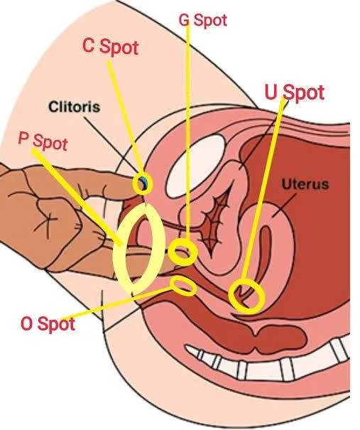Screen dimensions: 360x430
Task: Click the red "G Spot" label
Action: pos(203,20)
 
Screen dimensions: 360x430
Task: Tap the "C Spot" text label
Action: pos(110,46)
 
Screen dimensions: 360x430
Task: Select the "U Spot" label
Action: pos(295,92)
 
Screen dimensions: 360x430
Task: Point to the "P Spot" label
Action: pos(43,141)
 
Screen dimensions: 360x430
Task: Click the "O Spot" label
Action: pos(48,323)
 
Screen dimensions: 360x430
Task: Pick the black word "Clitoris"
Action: pos(75,107)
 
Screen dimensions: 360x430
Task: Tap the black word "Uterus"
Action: pos(305,184)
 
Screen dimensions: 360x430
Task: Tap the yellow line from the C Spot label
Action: pos(125,119)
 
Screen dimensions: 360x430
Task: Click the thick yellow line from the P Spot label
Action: pos(77,197)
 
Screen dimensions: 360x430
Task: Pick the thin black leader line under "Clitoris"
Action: pos(113,148)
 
